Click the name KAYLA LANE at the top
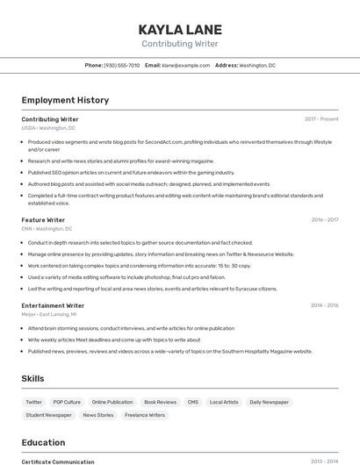coord(180,29)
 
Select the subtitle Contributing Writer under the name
coord(180,44)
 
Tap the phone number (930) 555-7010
coord(121,65)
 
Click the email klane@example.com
coord(185,65)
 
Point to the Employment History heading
coord(65,100)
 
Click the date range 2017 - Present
coord(321,118)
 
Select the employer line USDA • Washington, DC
coord(48,128)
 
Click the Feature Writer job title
coord(43,220)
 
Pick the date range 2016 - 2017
coord(325,220)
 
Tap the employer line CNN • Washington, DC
coord(47,229)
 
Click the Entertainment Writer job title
coord(53,305)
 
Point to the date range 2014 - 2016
coord(325,305)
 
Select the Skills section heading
coord(33,379)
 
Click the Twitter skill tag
coord(34,402)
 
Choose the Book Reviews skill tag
coord(160,402)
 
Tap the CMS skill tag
coord(193,402)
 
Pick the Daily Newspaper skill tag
coord(269,402)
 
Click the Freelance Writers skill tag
coord(145,415)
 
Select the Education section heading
coord(43,442)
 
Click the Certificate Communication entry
coord(58,461)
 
